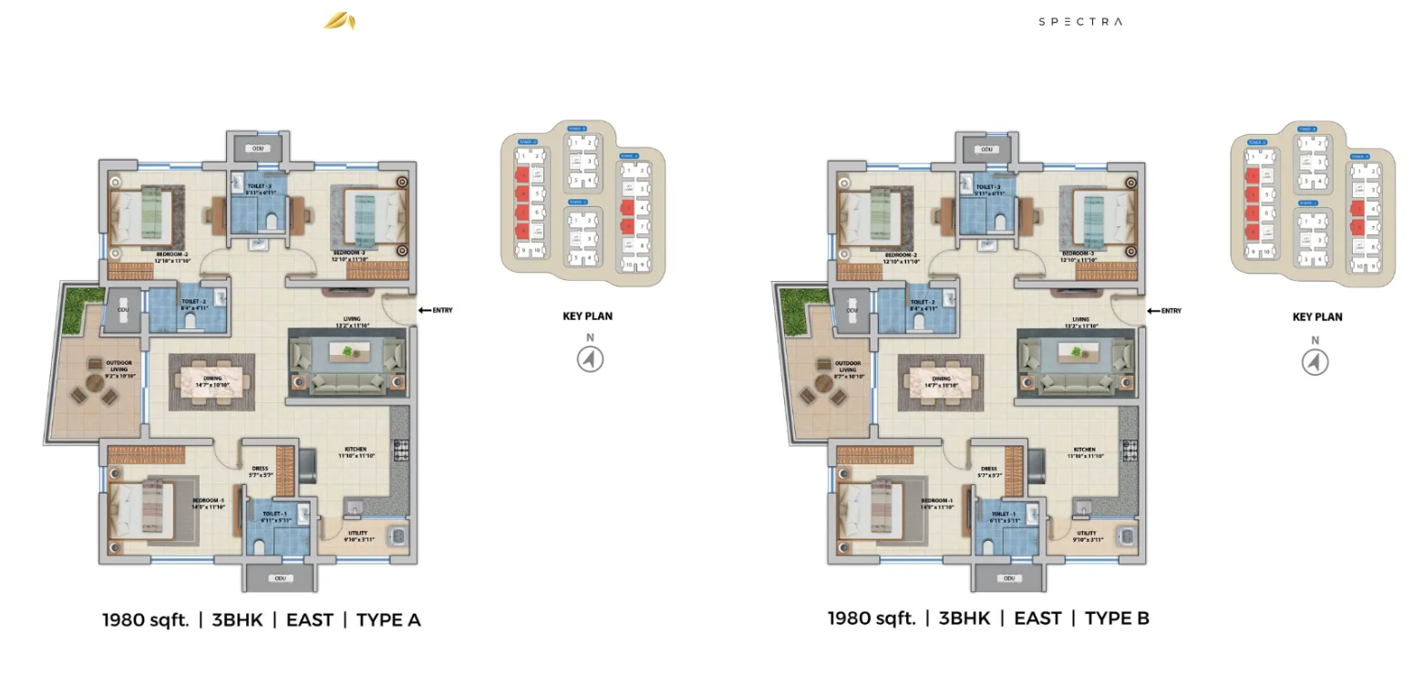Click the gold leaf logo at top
340,21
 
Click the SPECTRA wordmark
1080,21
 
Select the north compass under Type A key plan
590,359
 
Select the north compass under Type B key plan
1315,362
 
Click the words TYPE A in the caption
388,620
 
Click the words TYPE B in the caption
1117,618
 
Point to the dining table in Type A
212,380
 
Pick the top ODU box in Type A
258,149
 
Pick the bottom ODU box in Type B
1008,577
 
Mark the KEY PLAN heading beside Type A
587,316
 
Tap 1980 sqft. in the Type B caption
871,618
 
